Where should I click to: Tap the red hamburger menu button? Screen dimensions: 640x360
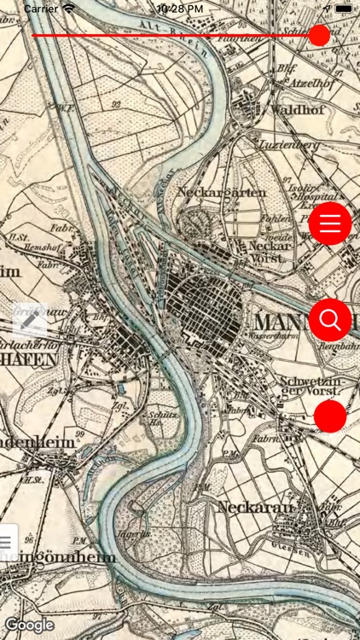330,224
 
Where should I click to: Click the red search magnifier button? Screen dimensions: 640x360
330,320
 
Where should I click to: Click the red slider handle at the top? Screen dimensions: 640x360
319,35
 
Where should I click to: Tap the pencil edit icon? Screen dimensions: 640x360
30,320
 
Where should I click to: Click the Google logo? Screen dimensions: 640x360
29,625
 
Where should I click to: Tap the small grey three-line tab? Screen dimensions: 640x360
7,540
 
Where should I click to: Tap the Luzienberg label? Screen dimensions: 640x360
292,145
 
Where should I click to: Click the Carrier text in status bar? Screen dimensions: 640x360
40,8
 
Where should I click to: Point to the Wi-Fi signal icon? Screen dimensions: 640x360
69,8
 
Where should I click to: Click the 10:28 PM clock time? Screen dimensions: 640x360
180,8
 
